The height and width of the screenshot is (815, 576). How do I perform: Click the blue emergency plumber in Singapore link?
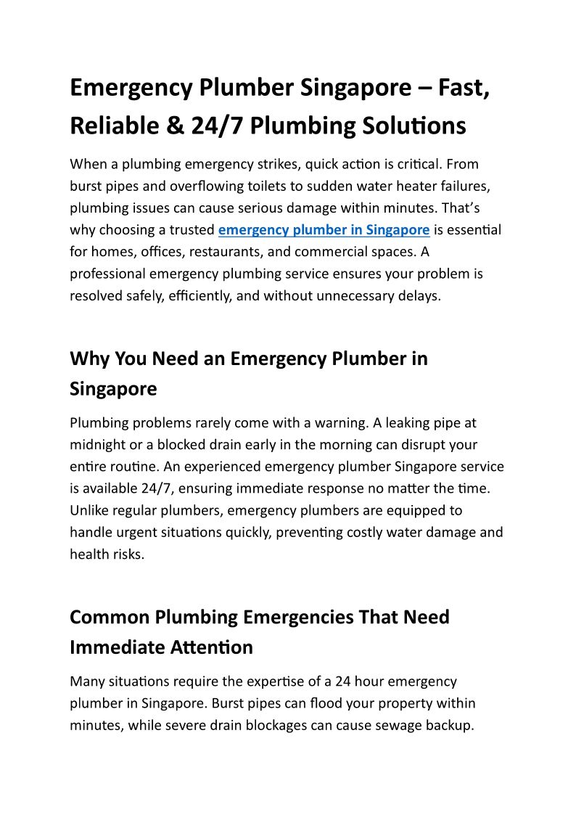tap(324, 230)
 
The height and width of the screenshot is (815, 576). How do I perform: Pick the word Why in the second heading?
tap(89, 359)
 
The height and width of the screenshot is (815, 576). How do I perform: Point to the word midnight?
tap(97, 444)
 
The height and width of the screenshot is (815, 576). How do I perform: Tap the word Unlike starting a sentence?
tap(90, 510)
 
